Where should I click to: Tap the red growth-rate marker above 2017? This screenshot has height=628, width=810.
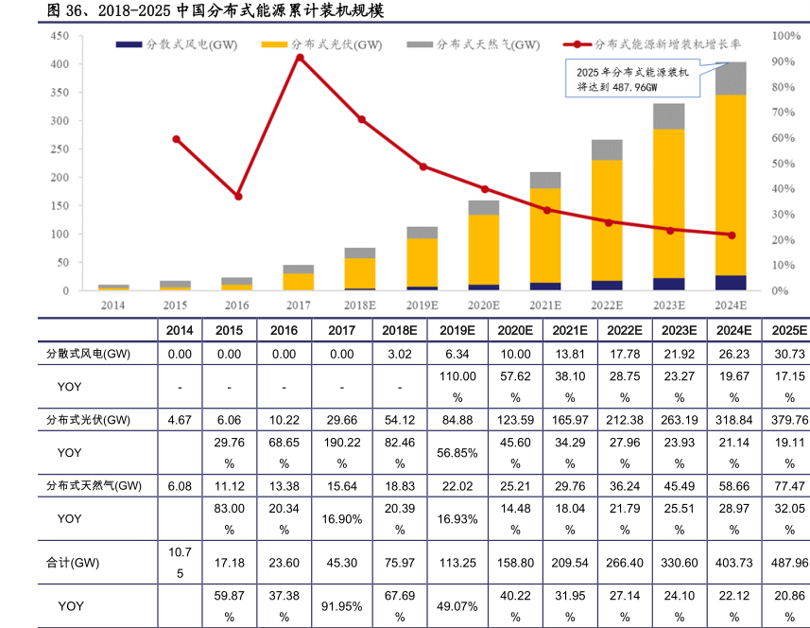pos(300,58)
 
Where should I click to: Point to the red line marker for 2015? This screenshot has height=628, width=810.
pos(176,139)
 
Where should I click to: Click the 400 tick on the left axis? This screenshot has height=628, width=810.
pos(60,63)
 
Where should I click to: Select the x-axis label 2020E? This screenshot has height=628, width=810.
pos(483,305)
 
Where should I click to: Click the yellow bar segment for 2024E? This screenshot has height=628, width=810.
pos(731,184)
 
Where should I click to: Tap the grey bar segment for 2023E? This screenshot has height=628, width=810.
pos(669,115)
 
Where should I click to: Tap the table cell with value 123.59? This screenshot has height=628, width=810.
pos(515,420)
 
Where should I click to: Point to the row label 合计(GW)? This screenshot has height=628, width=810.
pos(73,563)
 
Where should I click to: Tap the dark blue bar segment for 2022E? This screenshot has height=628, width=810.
pos(607,285)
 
